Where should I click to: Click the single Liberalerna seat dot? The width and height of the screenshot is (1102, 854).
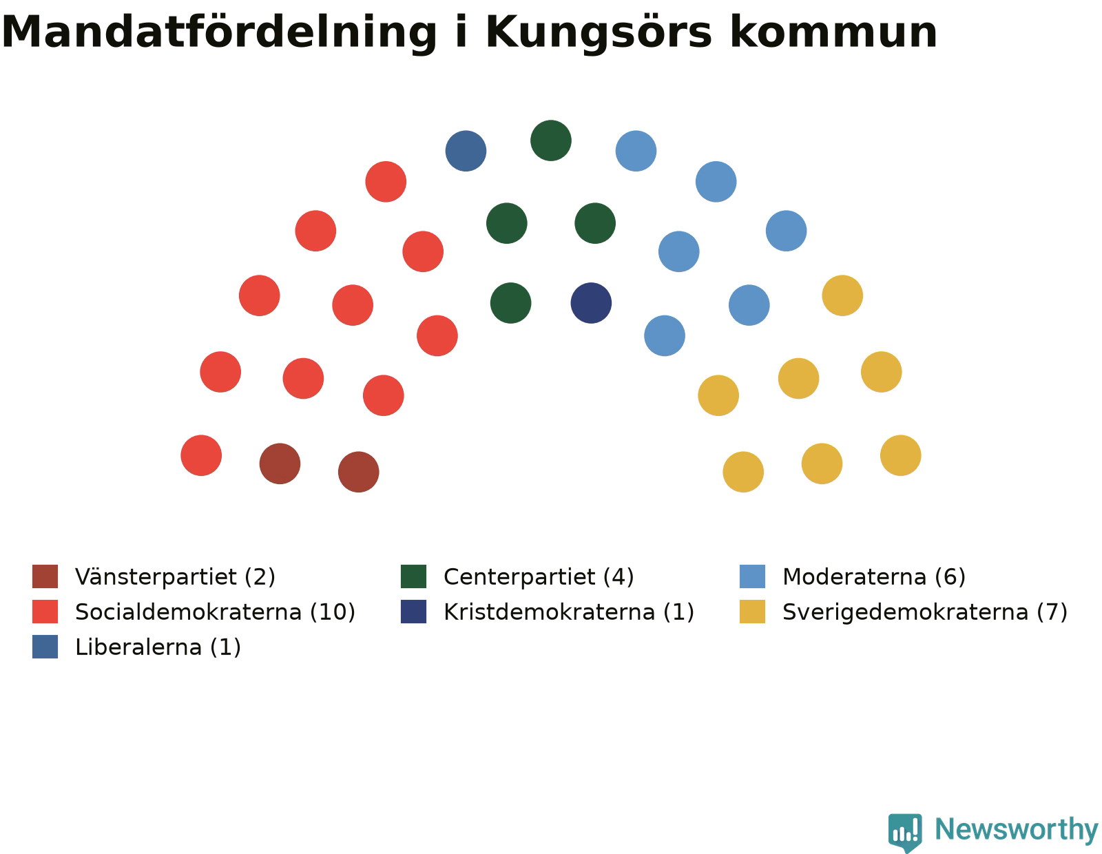point(466,151)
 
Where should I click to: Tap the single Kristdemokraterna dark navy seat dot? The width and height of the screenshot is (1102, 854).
point(591,303)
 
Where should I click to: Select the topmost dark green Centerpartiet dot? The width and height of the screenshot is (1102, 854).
point(551,140)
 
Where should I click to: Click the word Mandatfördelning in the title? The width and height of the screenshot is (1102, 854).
point(219,32)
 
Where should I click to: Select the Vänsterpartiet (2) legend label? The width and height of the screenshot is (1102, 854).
point(175,576)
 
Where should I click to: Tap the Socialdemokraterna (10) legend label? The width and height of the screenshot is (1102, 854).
point(215,612)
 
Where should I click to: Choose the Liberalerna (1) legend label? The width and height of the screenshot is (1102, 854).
point(158,647)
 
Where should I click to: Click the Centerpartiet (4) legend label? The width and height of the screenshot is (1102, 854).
point(539,576)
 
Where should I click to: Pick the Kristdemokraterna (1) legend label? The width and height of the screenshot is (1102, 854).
point(568,612)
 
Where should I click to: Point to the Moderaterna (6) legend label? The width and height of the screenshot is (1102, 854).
point(874,576)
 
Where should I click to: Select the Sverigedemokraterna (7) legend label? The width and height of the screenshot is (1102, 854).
point(925,612)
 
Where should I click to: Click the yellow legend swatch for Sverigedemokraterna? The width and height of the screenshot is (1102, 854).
point(752,612)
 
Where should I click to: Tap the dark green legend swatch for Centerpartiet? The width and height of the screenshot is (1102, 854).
point(413,576)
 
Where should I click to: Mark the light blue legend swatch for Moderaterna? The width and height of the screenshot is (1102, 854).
point(752,576)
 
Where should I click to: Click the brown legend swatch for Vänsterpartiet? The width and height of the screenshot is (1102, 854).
point(45,576)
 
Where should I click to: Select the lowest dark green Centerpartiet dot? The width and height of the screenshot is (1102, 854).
point(510,303)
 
